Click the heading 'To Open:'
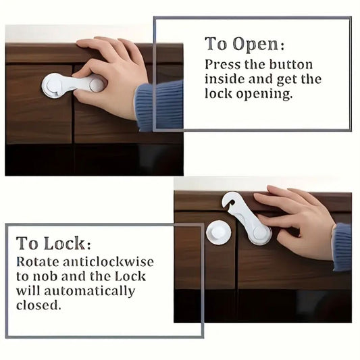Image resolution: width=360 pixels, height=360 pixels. click(245, 45)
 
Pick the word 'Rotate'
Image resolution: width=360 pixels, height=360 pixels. click(38, 261)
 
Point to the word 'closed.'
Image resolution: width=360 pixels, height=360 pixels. click(38, 306)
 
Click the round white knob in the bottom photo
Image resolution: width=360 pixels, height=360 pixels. click(218, 233)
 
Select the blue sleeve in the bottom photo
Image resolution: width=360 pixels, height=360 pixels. click(342, 247)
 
